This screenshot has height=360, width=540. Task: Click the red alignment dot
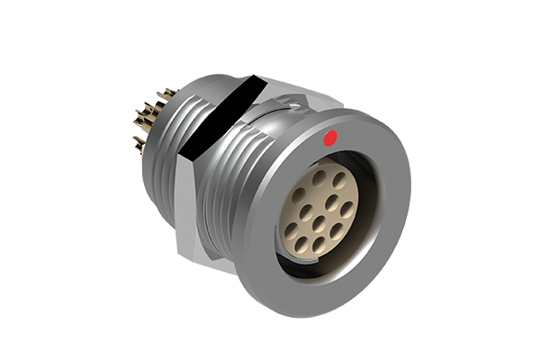(329, 139)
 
